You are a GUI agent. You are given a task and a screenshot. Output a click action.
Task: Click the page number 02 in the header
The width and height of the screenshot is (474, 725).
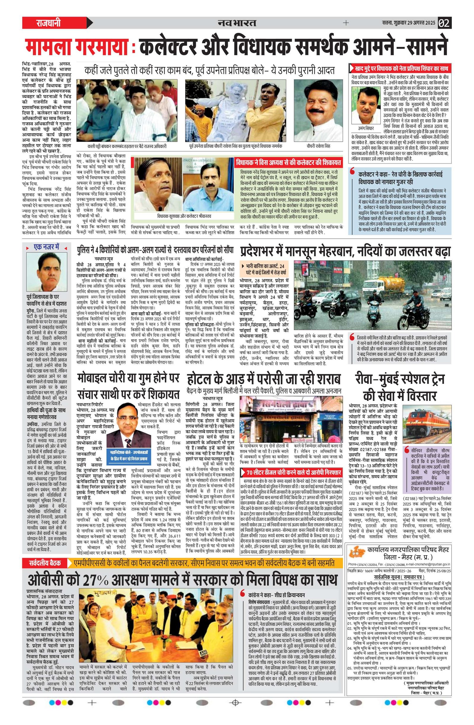tap(444, 23)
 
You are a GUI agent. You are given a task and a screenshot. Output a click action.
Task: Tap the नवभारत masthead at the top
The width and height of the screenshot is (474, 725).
tap(237, 23)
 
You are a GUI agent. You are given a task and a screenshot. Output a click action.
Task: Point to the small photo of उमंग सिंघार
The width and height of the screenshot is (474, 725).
tap(365, 105)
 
